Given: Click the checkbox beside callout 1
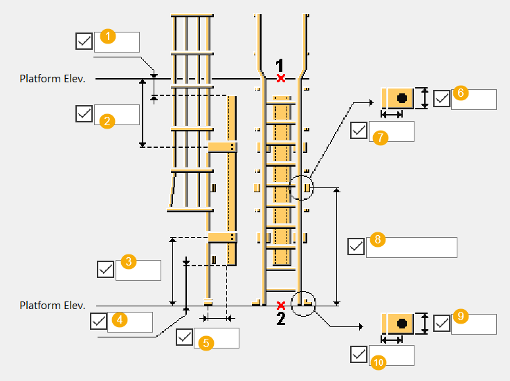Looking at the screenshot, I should pos(84,41).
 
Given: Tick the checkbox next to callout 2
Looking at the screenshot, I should pos(84,113).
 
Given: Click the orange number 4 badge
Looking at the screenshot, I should pos(120,319).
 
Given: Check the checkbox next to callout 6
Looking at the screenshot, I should pos(441,99).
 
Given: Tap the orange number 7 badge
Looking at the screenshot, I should pos(379,138).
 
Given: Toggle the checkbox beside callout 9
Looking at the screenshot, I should pos(441,323).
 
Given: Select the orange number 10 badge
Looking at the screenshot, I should pos(379,361).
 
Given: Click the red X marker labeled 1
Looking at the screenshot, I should pos(280,78).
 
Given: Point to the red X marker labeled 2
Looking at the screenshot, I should pos(280,305).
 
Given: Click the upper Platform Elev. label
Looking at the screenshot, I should pos(52,79).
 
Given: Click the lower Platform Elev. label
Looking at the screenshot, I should pos(52,305).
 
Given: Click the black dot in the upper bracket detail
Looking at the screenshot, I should pos(401,99).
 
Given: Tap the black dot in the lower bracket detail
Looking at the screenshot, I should pos(401,323).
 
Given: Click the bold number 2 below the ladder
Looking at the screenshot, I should pos(280,319).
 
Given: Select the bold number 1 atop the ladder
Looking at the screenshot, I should pos(280,65).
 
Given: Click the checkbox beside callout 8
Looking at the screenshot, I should pos(356,247).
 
